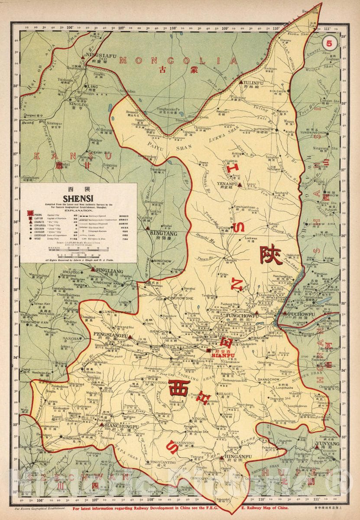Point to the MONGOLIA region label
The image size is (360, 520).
point(179,61)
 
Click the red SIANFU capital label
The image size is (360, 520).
point(223,354)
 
